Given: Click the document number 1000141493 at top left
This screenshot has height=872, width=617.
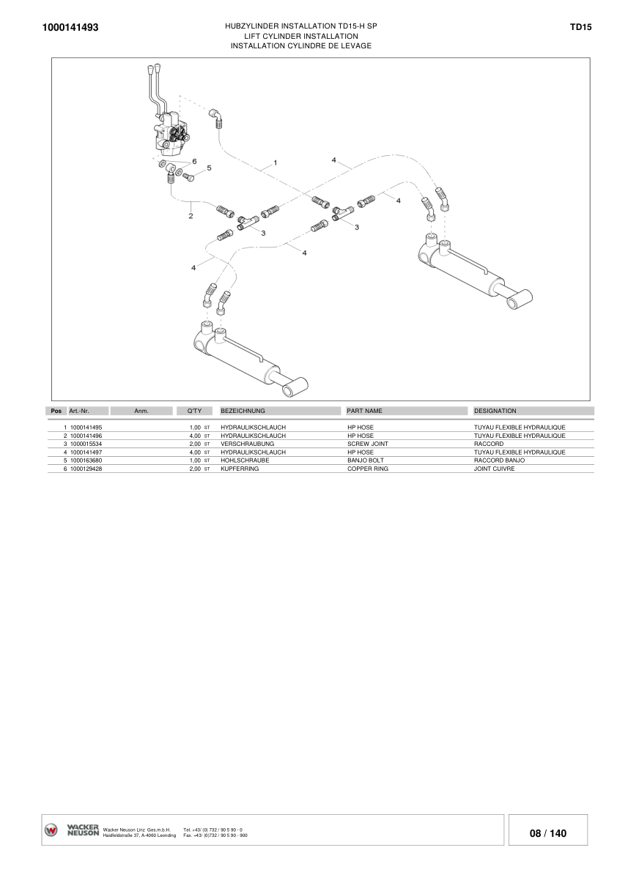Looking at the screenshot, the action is point(70,27).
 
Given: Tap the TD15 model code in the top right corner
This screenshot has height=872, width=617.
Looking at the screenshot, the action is point(580,26).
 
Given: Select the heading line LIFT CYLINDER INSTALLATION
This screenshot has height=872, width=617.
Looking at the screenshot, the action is point(301,36).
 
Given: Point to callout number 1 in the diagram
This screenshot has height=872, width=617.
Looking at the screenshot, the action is point(276,163).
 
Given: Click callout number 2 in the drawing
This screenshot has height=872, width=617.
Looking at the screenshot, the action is point(191,216).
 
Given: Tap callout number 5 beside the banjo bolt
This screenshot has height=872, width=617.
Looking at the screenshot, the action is point(209,168).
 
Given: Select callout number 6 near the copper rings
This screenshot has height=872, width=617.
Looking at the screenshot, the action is point(194,161).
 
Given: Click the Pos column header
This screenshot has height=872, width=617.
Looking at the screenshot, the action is point(56,411).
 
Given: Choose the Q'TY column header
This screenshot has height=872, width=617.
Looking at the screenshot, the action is point(194,411).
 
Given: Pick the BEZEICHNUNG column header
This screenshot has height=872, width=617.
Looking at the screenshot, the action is point(243,411).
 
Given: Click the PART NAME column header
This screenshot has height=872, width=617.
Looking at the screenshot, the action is point(364,411).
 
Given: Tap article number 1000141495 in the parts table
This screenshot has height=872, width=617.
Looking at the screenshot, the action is point(86,428).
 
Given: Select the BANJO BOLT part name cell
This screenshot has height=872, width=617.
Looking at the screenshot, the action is point(366,461).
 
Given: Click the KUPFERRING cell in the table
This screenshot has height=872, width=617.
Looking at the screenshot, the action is point(240,469).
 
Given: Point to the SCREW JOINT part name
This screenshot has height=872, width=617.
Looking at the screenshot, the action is point(368,444).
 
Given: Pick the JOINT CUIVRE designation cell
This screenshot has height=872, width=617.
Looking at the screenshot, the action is point(495,469).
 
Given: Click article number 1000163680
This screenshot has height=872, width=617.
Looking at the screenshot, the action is point(86,461).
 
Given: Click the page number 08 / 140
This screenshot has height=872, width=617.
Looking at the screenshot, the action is point(548,833).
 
